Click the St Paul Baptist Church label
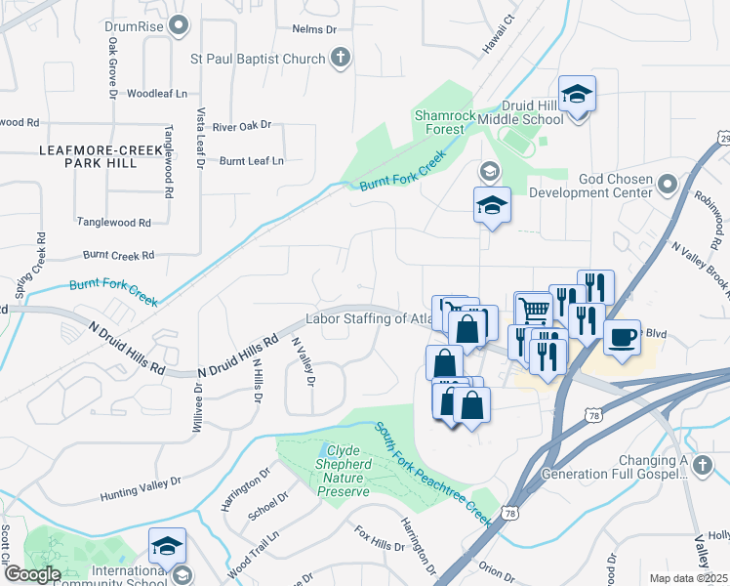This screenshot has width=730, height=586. point(257,60)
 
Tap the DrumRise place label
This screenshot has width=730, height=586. point(135,25)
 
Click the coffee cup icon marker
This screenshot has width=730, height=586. point(623,338)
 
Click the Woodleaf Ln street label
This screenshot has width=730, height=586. point(156,94)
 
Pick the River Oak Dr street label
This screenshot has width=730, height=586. point(241,126)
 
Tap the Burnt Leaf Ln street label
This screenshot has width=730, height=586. point(251,160)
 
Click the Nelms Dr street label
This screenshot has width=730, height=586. point(314,29)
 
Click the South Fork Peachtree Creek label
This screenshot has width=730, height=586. point(434,473)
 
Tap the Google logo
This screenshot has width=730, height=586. point(32,575)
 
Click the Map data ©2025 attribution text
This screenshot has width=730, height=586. point(689,578)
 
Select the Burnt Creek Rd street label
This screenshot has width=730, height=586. point(118,255)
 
